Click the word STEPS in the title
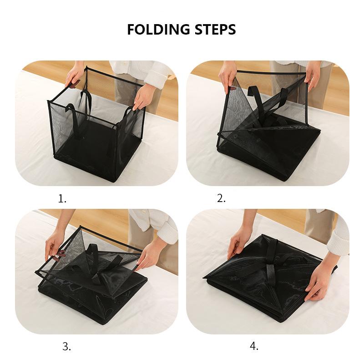coord(213,30)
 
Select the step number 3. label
coord(67,346)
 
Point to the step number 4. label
coord(254,346)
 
